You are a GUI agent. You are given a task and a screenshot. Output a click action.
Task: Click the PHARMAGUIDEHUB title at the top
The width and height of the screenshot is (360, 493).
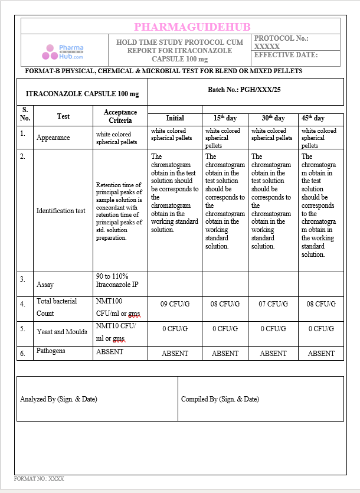[x=192, y=27]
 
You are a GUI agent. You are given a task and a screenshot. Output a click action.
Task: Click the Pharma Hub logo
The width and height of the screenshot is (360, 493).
[x=63, y=52]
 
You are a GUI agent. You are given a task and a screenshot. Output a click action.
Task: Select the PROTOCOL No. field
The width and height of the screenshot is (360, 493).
[x=282, y=42]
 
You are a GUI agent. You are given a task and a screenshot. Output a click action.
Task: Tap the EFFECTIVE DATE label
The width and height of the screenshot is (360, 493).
[x=286, y=55]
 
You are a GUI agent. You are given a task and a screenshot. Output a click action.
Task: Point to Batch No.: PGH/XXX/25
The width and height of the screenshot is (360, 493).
[x=244, y=90]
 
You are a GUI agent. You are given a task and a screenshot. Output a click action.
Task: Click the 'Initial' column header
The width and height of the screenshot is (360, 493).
[x=175, y=118]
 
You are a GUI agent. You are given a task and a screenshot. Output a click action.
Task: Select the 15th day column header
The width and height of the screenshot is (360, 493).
[x=224, y=118]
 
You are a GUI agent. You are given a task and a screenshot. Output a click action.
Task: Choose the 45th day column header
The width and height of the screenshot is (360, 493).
[x=313, y=118]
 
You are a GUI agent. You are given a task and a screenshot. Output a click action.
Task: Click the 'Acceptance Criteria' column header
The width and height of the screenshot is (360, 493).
[x=120, y=116]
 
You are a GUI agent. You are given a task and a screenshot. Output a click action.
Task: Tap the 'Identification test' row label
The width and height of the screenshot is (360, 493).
[x=61, y=211]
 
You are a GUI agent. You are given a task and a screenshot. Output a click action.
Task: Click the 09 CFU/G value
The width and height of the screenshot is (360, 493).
[x=175, y=304]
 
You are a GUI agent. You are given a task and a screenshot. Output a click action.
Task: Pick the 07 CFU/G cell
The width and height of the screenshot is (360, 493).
[x=273, y=304]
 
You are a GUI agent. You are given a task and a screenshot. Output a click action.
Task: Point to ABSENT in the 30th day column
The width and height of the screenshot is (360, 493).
[x=273, y=354]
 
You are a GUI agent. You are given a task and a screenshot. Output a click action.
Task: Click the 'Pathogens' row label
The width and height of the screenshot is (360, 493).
[x=51, y=351]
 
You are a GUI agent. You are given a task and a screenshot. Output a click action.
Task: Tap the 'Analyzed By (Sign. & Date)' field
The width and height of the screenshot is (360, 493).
[x=58, y=399]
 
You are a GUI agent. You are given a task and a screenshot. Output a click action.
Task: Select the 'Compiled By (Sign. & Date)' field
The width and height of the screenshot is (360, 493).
[x=220, y=399]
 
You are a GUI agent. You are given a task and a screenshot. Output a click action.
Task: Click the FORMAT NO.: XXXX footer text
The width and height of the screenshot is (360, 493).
[x=39, y=478]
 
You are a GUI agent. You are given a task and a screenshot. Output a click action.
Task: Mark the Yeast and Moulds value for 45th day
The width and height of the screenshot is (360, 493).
[x=321, y=329]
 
